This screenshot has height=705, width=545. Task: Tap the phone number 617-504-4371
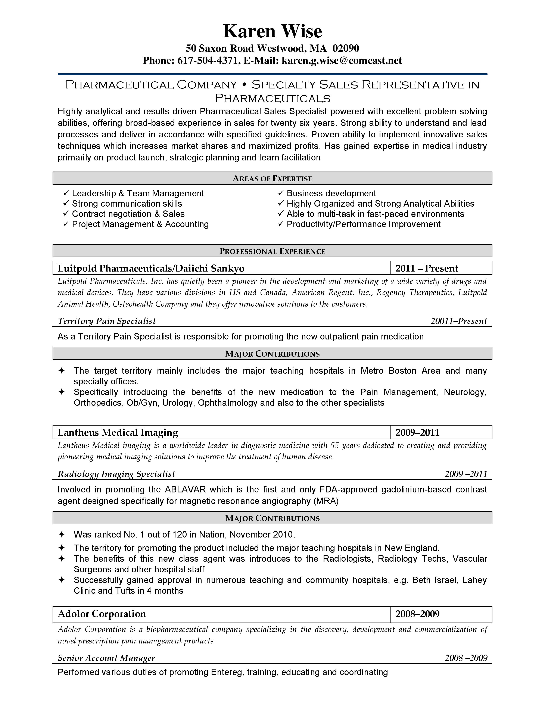[x=207, y=61]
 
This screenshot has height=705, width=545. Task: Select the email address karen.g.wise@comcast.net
[x=342, y=61]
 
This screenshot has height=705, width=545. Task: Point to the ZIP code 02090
[x=346, y=48]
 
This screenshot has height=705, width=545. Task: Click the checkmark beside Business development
[x=281, y=193]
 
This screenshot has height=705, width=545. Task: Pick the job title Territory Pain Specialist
[x=107, y=321]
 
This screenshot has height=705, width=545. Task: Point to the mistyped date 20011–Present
[x=458, y=321]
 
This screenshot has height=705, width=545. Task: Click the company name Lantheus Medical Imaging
[x=118, y=432]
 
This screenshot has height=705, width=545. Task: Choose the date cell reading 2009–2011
[x=417, y=432]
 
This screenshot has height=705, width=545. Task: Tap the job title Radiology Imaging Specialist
[x=116, y=474]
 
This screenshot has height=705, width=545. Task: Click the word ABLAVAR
[x=185, y=489]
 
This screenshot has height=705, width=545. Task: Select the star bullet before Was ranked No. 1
[x=61, y=535]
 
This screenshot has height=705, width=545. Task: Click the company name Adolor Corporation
[x=102, y=614]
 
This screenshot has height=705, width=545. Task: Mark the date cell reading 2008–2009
[x=417, y=614]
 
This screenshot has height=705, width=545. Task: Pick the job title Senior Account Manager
[x=106, y=658]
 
